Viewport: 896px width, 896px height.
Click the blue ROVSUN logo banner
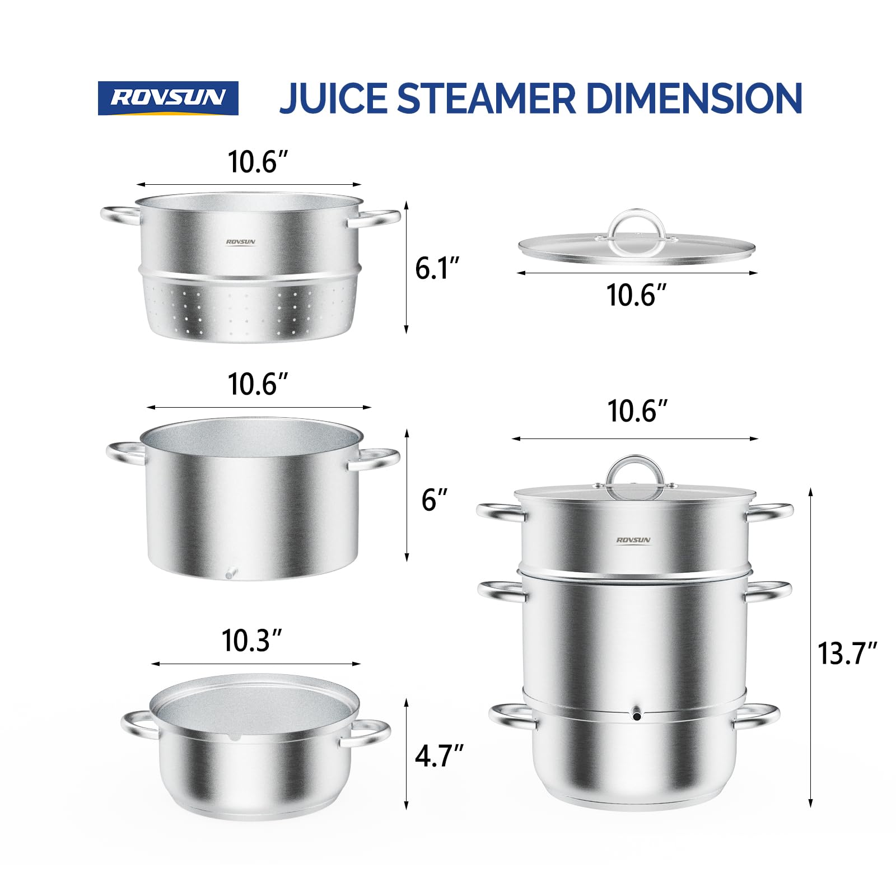[168, 98]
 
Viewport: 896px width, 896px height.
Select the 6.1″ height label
[437, 268]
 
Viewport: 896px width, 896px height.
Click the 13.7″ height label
[846, 653]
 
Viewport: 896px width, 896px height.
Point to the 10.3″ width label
[251, 641]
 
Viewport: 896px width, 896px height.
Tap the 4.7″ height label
[438, 756]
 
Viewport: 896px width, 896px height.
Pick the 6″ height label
[434, 500]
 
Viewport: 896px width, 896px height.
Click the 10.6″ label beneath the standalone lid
[636, 295]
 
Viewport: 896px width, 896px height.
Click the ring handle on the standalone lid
[637, 224]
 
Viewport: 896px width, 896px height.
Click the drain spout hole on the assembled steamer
[637, 715]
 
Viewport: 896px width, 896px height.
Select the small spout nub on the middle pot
[230, 574]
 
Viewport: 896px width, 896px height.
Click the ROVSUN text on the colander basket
[240, 242]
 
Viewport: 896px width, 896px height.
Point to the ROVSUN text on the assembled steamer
[633, 540]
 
